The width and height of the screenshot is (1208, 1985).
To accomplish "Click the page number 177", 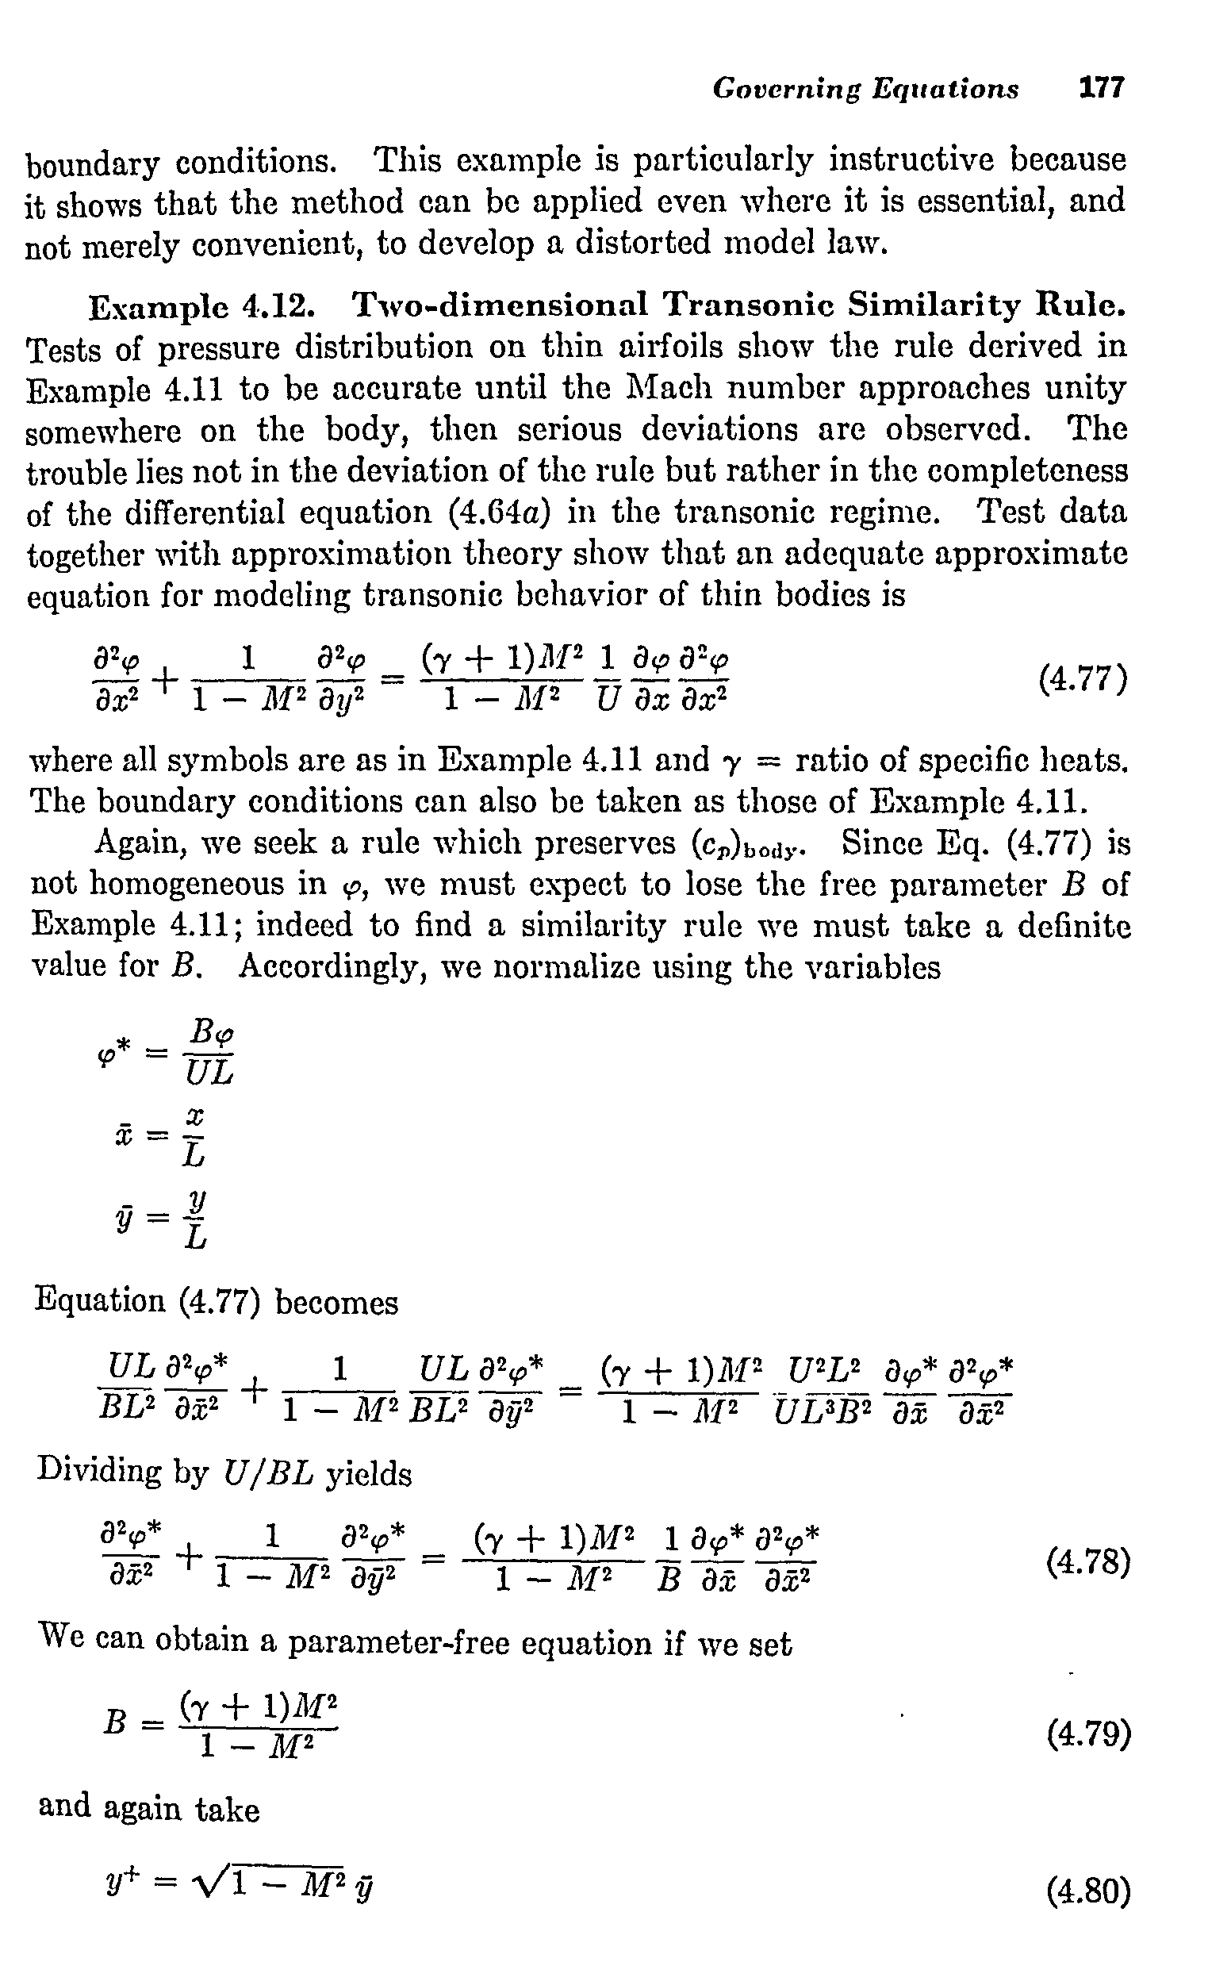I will pos(1101,87).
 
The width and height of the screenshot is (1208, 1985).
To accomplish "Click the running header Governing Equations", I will pos(865,88).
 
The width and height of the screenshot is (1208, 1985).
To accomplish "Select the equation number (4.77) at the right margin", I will pos(1083,679).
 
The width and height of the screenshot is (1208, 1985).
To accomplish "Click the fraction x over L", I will pos(194,1137).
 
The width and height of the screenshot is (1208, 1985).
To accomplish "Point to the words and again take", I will pos(149,1810).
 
